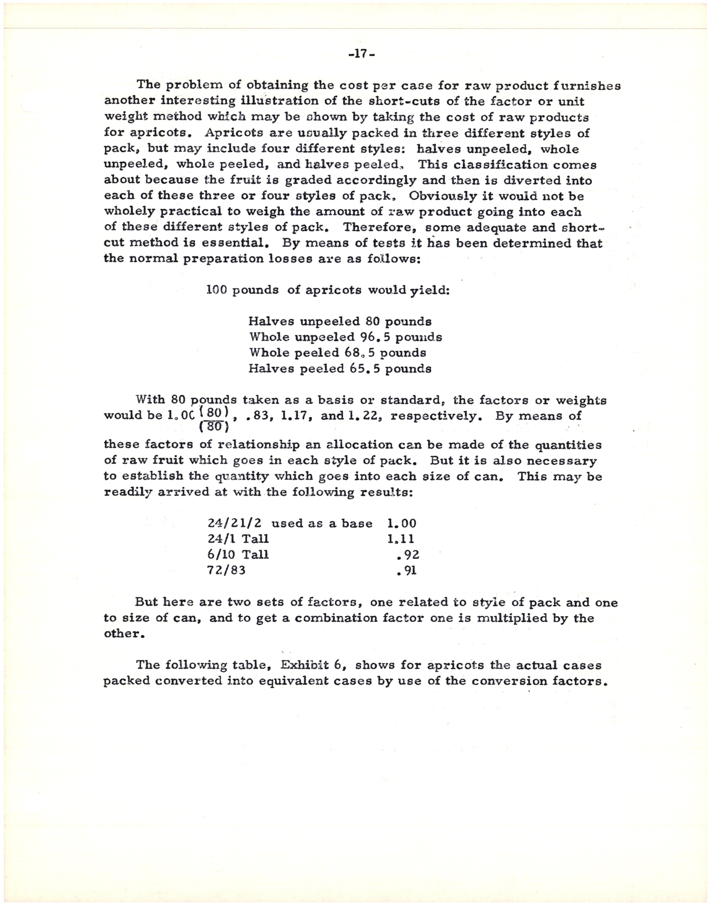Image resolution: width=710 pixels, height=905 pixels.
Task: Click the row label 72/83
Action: (226, 571)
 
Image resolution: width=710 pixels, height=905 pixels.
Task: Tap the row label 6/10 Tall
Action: (238, 555)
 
